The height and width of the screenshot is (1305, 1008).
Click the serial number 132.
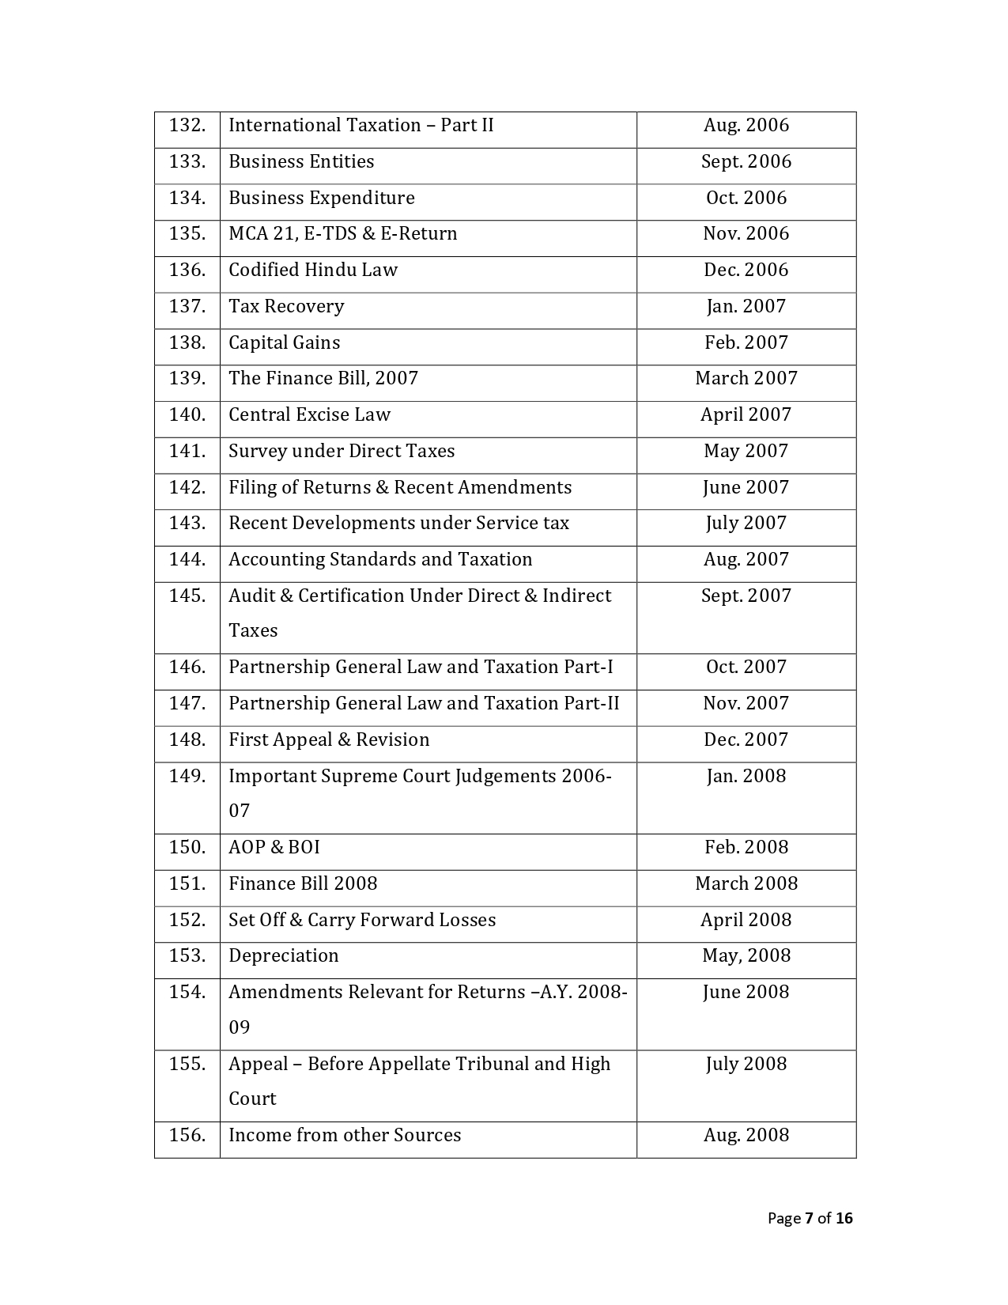click(x=187, y=126)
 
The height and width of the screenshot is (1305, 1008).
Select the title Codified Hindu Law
click(x=313, y=270)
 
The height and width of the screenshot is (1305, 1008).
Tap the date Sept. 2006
click(x=746, y=162)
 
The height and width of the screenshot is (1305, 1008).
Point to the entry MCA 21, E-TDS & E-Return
click(x=342, y=234)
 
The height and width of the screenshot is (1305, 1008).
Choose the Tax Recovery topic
click(x=286, y=307)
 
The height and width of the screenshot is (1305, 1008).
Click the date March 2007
click(x=746, y=379)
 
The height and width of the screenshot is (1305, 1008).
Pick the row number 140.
click(x=187, y=415)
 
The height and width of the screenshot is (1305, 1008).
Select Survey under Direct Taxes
click(x=342, y=452)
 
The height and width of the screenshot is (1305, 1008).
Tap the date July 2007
click(x=746, y=524)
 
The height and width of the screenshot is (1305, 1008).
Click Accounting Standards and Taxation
click(x=380, y=560)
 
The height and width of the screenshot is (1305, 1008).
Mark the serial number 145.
click(x=187, y=596)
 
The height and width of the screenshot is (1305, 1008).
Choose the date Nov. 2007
click(x=746, y=704)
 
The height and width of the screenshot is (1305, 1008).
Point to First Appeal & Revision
click(x=329, y=740)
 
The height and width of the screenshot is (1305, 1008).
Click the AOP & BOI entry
click(x=274, y=848)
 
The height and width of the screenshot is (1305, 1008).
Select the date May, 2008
click(x=746, y=956)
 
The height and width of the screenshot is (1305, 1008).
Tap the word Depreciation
click(x=283, y=956)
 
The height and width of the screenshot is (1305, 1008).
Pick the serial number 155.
click(x=187, y=1065)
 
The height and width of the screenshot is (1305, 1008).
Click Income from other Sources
click(x=345, y=1136)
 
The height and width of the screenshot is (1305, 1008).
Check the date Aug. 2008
click(x=746, y=1136)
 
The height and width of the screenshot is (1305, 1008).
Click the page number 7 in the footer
click(x=810, y=1219)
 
